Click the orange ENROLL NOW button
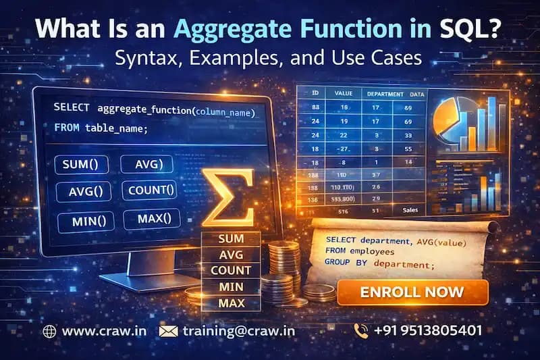click(412, 292)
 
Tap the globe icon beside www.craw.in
click(49, 331)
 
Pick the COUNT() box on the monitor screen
click(149, 190)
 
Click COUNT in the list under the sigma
click(230, 270)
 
